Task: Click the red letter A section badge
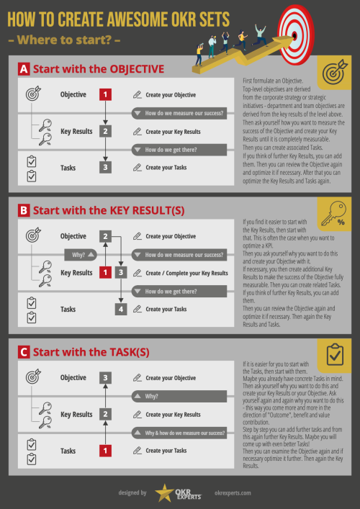tap(23, 70)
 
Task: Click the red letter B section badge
tap(23, 211)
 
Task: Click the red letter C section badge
tap(23, 352)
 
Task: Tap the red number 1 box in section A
tap(105, 94)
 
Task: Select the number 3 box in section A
tap(105, 168)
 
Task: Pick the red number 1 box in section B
tap(105, 273)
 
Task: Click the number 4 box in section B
tap(122, 309)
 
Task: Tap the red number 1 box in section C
tap(105, 451)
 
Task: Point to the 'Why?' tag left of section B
tap(78, 255)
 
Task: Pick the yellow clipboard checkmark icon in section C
tap(333, 356)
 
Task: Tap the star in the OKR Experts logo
tap(163, 492)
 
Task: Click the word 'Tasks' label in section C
tap(68, 451)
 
